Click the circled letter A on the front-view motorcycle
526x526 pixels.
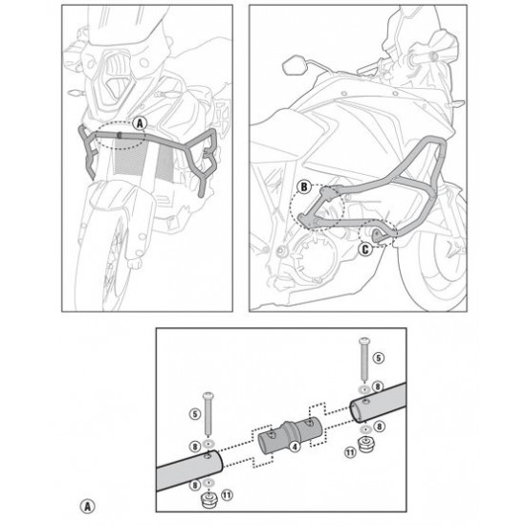pos(140,123)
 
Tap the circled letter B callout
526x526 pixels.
pos(304,186)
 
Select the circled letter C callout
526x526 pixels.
pos(365,250)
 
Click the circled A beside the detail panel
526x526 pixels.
pos(88,506)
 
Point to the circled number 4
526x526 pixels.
pos(295,448)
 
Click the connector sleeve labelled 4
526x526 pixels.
pos(290,436)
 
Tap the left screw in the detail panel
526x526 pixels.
pos(208,413)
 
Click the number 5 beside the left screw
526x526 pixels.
pos(195,414)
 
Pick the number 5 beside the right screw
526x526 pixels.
pos(379,358)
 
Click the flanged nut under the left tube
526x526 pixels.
pos(208,500)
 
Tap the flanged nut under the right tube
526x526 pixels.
pos(365,444)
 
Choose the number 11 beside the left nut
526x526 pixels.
pos(227,494)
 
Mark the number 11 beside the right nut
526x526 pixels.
pos(350,453)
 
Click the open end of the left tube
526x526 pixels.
pos(217,460)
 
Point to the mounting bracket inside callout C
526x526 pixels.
pos(379,235)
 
